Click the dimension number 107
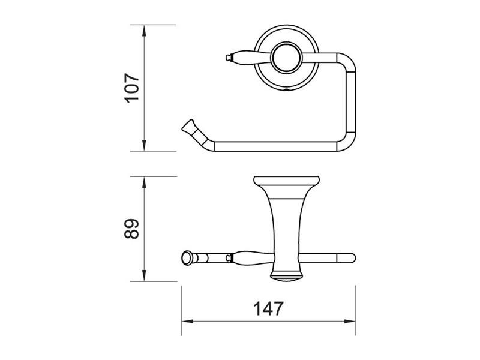[132, 88]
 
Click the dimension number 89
[132, 229]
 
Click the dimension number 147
[268, 308]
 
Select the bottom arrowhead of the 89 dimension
[144, 275]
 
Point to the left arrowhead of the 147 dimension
[188, 322]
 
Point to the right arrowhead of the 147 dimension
[350, 322]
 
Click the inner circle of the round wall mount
[287, 58]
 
